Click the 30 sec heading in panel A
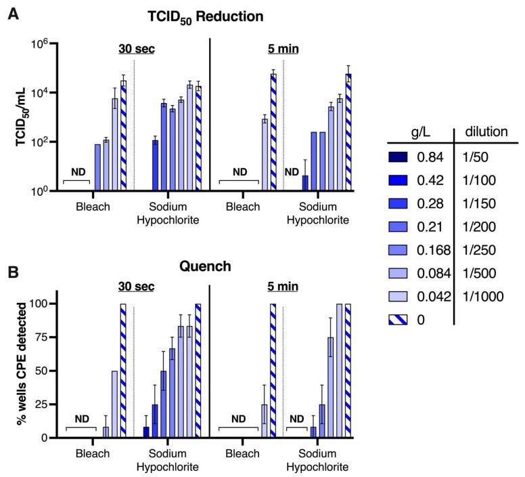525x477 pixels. tap(135, 49)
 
